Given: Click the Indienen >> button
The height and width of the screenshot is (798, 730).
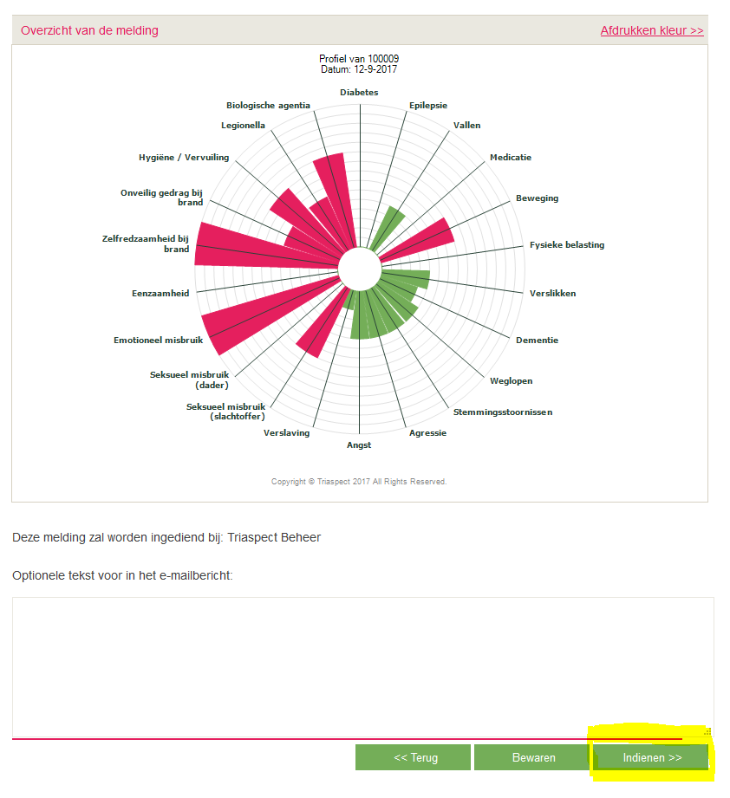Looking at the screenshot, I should (652, 757).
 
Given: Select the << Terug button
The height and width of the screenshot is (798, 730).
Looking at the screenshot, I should (413, 757).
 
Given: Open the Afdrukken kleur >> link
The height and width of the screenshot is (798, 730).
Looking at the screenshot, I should (651, 30).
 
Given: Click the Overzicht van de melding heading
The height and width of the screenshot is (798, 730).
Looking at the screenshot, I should (89, 30).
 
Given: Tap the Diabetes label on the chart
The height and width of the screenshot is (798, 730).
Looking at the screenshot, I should (359, 92).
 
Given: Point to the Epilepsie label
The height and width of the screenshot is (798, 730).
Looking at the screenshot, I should (428, 105).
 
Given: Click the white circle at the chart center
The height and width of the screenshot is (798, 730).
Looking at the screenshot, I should (359, 269).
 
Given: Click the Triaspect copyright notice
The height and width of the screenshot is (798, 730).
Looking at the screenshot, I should (359, 482).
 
